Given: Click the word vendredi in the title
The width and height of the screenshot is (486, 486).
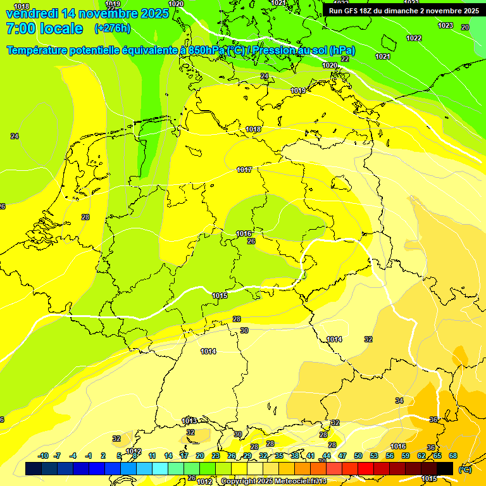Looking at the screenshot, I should pyautogui.click(x=32, y=13).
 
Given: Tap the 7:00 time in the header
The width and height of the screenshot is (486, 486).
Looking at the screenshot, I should pyautogui.click(x=20, y=28).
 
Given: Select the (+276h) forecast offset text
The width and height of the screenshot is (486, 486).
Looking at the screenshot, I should pyautogui.click(x=112, y=28).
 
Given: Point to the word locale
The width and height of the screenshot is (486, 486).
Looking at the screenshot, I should pyautogui.click(x=61, y=28).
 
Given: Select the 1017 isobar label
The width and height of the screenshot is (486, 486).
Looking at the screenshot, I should pyautogui.click(x=245, y=170).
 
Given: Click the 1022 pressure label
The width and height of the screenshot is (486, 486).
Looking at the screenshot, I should pyautogui.click(x=414, y=38).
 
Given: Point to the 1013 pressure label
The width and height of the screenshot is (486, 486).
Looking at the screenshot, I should pyautogui.click(x=189, y=421).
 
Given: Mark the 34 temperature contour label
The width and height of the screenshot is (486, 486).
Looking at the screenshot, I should pyautogui.click(x=399, y=401).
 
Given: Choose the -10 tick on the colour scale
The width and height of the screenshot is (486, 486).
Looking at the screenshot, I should pyautogui.click(x=43, y=456).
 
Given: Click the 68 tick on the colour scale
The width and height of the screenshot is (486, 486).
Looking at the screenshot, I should pyautogui.click(x=453, y=456).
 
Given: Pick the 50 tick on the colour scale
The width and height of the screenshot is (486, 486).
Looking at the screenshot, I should pyautogui.click(x=358, y=456).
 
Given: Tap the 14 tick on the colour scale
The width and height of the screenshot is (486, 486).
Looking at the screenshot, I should pyautogui.click(x=168, y=456).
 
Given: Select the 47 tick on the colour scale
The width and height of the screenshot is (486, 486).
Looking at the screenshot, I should pyautogui.click(x=342, y=456).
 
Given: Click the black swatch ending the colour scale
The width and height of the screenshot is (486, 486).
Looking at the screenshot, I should pyautogui.click(x=445, y=468).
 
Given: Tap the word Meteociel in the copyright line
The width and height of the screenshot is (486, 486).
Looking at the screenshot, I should pyautogui.click(x=292, y=482).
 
